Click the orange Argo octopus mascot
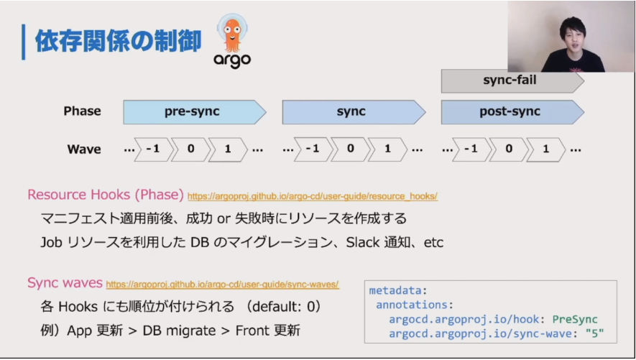tap(232, 33)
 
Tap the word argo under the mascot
tap(232, 60)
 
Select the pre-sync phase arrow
tap(195, 112)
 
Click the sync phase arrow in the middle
tap(354, 112)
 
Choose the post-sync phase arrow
tap(512, 112)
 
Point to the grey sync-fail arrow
tap(512, 80)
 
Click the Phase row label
tap(82, 111)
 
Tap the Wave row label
tap(84, 149)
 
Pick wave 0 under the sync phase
tap(351, 149)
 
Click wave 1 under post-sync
tap(546, 149)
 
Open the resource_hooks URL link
tap(313, 197)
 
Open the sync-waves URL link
tap(222, 285)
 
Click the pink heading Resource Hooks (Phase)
tap(106, 195)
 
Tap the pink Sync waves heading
tap(65, 282)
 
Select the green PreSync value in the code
tap(575, 320)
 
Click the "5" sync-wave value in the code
tap(594, 333)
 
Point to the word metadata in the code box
tap(395, 291)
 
